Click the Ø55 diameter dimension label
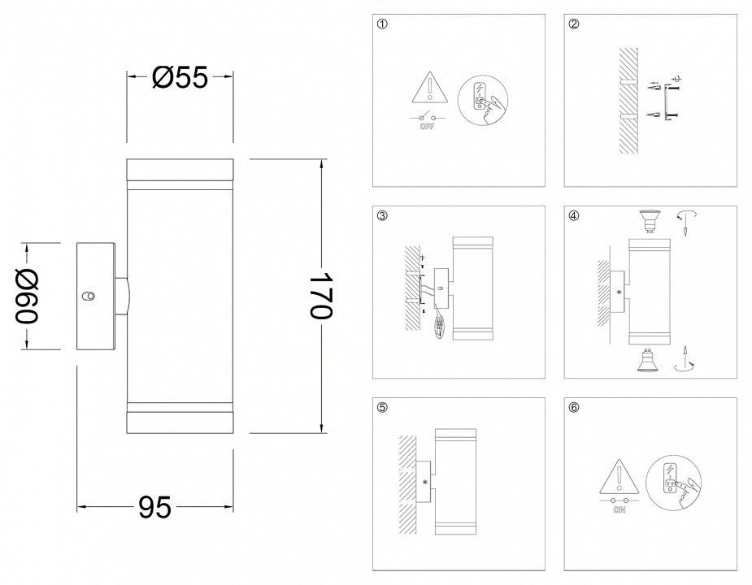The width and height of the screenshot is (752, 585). [180, 77]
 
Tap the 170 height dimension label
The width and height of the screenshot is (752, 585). [319, 296]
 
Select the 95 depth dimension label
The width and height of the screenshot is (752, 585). [154, 507]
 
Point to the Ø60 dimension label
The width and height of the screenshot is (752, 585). [27, 297]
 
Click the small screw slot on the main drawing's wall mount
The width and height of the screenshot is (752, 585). [89, 296]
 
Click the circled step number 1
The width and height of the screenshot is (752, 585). [382, 24]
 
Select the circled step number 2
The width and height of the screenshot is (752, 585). [574, 24]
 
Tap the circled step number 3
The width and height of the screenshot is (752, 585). [382, 216]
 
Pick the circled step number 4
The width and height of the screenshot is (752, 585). [574, 216]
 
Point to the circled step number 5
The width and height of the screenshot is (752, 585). [382, 408]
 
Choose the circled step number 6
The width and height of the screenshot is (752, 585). [574, 408]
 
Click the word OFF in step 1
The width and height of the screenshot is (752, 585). [427, 127]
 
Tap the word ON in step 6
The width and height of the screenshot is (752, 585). [619, 510]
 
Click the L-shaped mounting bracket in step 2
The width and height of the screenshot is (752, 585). [665, 102]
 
